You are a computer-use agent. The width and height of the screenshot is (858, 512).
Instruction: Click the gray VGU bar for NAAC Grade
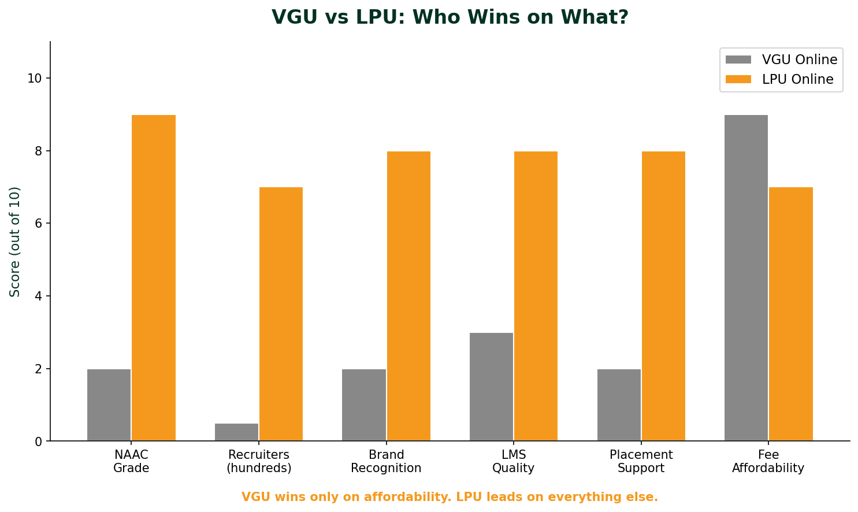pos(109,405)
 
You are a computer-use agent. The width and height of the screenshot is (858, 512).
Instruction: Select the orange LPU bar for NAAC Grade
pos(154,278)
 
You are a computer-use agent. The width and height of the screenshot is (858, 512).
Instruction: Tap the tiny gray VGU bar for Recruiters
pos(236,432)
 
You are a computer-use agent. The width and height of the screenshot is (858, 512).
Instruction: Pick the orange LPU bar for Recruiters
pos(281,314)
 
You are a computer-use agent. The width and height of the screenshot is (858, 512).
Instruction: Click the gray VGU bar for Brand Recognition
pos(363,405)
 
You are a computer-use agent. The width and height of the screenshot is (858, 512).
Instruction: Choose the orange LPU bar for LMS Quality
pos(536,296)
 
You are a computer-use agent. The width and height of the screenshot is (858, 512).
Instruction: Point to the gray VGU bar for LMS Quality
pos(491,387)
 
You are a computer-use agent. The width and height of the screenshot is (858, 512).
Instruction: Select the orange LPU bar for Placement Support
pos(663,296)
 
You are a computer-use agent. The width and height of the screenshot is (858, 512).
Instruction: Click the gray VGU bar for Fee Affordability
pos(746,278)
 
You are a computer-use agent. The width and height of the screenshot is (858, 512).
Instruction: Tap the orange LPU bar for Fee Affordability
pos(790,314)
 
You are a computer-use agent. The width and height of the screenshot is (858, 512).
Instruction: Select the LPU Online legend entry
pos(779,80)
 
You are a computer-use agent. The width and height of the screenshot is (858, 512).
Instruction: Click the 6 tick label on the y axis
pos(38,224)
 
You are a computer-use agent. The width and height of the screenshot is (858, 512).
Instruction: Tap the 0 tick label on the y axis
pos(38,441)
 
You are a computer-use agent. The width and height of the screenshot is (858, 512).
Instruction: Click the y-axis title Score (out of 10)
pos(16,242)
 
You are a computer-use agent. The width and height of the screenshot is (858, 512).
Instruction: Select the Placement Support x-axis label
pos(641,462)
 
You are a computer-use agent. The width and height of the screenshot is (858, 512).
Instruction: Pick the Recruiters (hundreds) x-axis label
pos(259,462)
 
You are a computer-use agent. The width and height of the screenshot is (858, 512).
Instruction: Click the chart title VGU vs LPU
pos(450,17)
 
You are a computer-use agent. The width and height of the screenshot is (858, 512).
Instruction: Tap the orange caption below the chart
pos(450,497)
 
